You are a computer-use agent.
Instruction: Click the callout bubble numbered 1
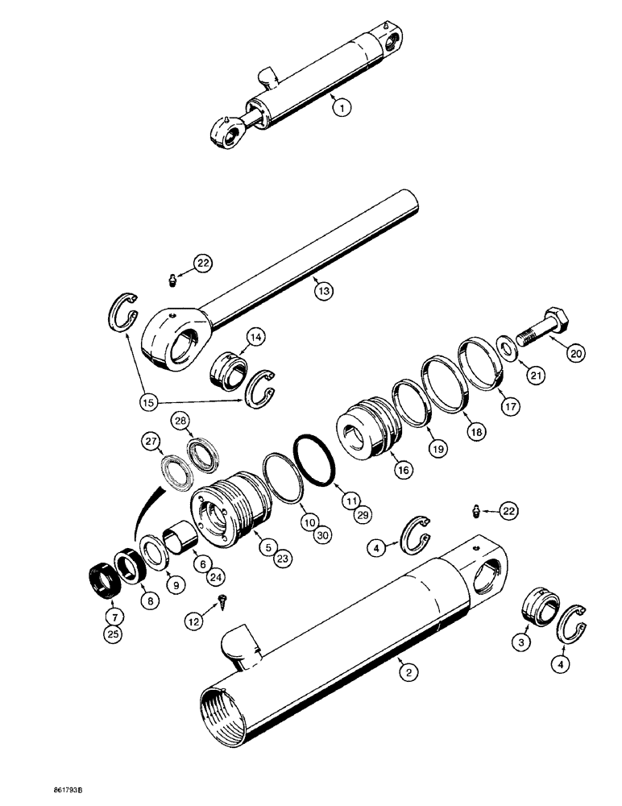tap(343, 105)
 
